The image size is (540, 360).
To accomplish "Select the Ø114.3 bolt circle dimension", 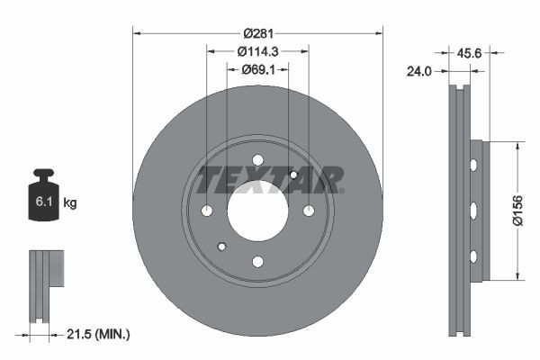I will (258, 52).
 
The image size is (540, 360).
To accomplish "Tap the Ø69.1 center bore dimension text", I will (258, 69).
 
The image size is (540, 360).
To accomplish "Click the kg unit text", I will (70, 204).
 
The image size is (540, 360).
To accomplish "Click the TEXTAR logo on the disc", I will (270, 180).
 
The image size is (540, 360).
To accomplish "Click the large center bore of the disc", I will (258, 211).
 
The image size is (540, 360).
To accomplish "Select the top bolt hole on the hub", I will (258, 160).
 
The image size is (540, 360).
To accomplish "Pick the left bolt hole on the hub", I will (207, 211).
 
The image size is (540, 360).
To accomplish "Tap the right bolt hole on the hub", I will (310, 211).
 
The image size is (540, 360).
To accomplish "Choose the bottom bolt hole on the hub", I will (258, 262).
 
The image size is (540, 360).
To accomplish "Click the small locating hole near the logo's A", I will (294, 175).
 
